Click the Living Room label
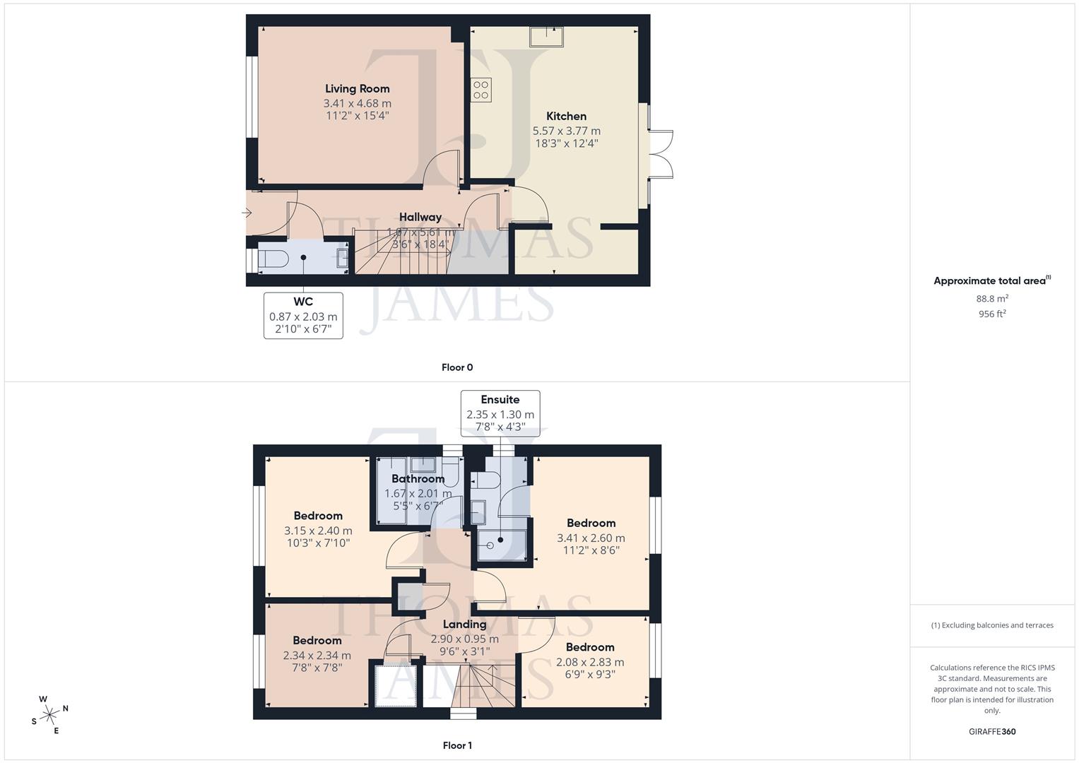tap(357, 89)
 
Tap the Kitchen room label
tap(566, 117)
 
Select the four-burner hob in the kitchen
tap(481, 90)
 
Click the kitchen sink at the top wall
tap(547, 36)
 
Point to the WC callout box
tap(303, 316)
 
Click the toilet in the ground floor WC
tap(273, 259)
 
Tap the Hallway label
tap(420, 218)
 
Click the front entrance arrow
tap(247, 213)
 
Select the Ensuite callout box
tap(500, 413)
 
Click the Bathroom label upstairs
tap(418, 479)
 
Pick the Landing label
tap(464, 625)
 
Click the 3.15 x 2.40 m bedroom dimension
tap(318, 531)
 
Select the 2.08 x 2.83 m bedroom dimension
tap(590, 662)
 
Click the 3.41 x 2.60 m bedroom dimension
tap(591, 538)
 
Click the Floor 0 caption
tap(457, 367)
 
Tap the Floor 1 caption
tap(457, 745)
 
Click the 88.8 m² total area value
tap(992, 298)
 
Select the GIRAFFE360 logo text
tap(991, 732)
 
